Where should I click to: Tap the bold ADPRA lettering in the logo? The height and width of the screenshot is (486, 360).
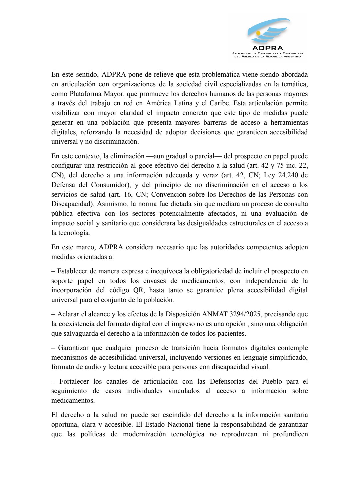[268, 48]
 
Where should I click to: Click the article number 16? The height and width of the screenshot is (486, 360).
[130, 194]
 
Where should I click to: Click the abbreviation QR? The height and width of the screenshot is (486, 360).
[139, 290]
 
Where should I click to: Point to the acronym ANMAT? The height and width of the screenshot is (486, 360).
[214, 314]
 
